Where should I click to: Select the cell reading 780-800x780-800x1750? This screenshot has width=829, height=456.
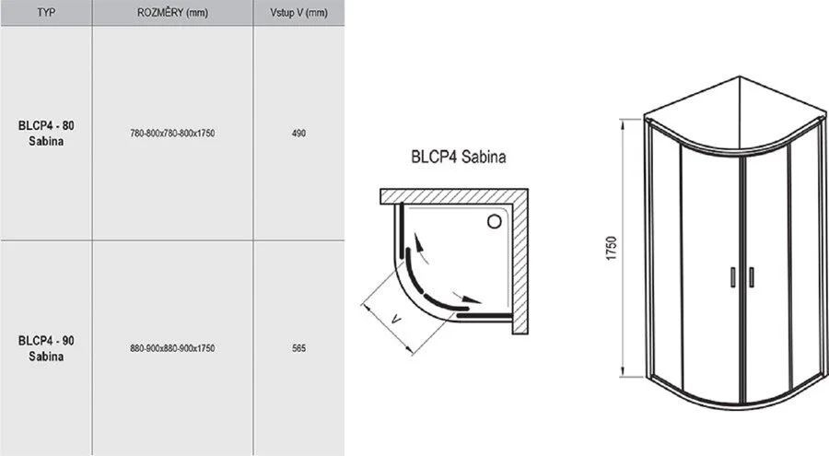click(172, 134)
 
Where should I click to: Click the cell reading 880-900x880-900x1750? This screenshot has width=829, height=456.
click(172, 348)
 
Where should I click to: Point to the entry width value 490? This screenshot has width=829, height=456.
click(299, 134)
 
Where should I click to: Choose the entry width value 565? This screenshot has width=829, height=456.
click(299, 348)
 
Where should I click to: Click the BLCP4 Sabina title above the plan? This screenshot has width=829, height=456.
click(458, 157)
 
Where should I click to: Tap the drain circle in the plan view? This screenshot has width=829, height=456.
click(496, 220)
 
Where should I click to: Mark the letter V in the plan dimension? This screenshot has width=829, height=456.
click(395, 319)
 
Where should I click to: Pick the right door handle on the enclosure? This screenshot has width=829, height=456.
click(752, 277)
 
